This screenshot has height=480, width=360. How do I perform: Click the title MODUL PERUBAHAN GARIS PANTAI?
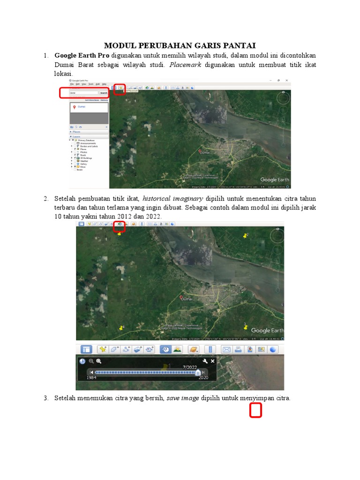point(180,45)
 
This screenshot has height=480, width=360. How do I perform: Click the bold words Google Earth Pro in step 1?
point(82,55)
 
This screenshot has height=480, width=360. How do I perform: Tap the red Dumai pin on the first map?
point(200,151)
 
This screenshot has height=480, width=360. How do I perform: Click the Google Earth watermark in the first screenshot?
point(275,180)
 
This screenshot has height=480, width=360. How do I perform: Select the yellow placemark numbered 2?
point(245,236)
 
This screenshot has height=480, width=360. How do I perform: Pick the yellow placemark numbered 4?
point(121,328)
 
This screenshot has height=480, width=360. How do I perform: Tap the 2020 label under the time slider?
point(203,377)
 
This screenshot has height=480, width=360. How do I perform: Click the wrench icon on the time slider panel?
point(205,361)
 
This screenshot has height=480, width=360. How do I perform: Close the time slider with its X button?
point(213,361)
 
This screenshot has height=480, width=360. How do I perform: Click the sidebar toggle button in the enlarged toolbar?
point(86,349)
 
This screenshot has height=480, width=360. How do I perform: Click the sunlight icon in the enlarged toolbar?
point(177,349)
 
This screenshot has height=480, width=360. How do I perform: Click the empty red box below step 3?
point(255,411)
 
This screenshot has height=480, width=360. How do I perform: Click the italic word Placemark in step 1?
point(185,65)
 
